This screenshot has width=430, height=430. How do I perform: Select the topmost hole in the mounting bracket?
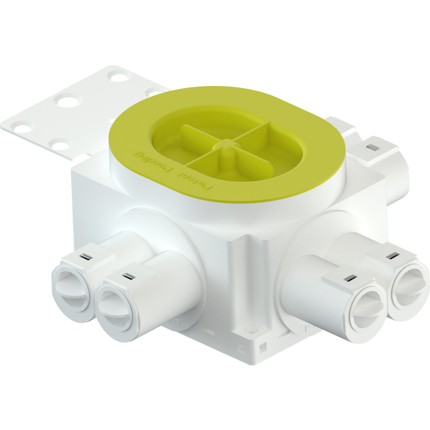click(118, 77)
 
